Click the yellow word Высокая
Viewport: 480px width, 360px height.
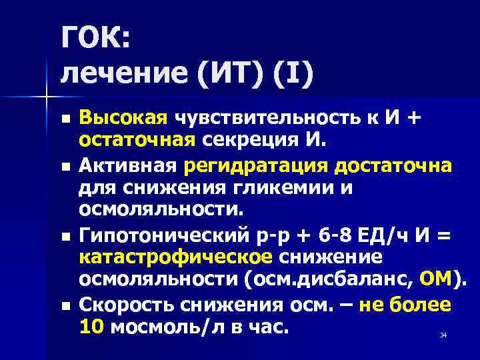[122, 119]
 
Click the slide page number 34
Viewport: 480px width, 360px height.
[443, 335]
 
